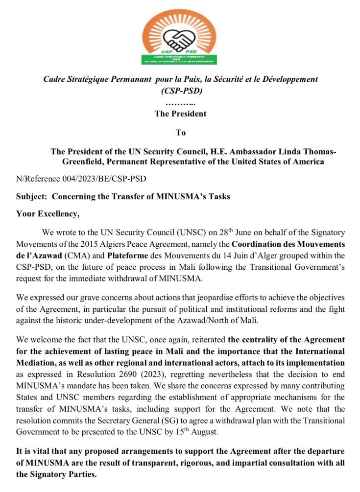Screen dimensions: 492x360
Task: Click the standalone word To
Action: [181, 132]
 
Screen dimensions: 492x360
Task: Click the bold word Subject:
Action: [32, 197]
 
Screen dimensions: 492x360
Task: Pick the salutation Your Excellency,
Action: [48, 213]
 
